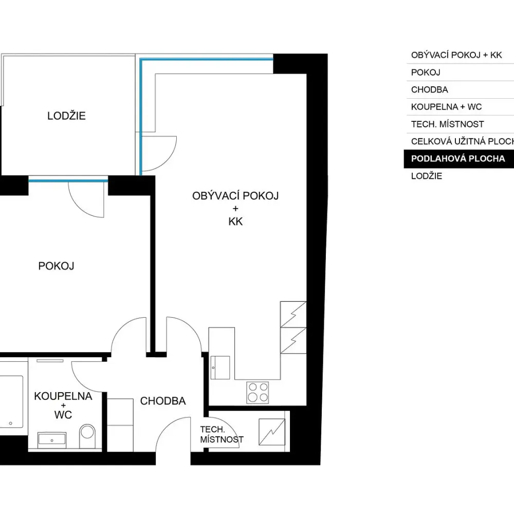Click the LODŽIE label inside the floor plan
pos(66,116)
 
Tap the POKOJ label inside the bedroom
pos(56,266)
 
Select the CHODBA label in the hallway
pos(163,401)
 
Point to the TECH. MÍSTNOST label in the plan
pos(222,434)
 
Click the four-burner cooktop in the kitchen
pos(258,392)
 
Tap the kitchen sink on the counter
pos(220,368)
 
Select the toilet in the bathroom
pos(87,436)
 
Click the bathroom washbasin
pos(52,440)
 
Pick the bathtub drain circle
pos(10,423)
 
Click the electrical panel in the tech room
pos(272,432)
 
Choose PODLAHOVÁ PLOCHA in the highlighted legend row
pos(458,159)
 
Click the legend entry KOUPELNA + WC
pos(447,107)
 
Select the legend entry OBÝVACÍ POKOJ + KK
pos(456,55)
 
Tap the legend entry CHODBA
pos(429,89)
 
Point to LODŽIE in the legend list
pos(427,176)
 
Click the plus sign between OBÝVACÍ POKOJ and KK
pos(235,209)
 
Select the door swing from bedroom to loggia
pos(79,207)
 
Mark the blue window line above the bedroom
pos(68,180)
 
